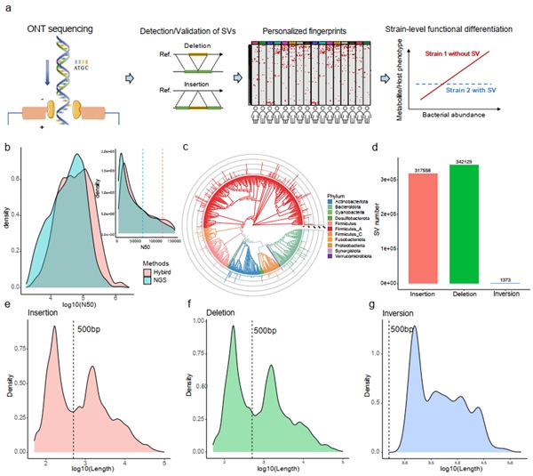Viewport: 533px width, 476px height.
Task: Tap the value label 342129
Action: pos(451,160)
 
